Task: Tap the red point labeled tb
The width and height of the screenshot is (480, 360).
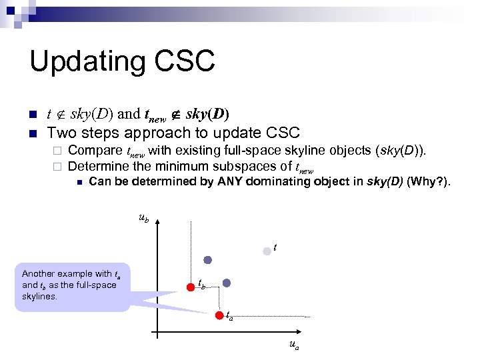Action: click(189, 287)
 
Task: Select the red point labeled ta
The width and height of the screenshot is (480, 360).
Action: click(219, 316)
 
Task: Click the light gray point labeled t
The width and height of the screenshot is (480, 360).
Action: click(267, 251)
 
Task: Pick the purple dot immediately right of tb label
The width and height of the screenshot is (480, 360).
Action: click(227, 283)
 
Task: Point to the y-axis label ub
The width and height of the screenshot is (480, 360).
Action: click(143, 217)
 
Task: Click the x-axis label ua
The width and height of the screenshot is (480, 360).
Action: click(294, 345)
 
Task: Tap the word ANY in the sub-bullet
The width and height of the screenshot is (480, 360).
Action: click(231, 181)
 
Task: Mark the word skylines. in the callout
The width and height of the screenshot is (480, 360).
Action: click(40, 295)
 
